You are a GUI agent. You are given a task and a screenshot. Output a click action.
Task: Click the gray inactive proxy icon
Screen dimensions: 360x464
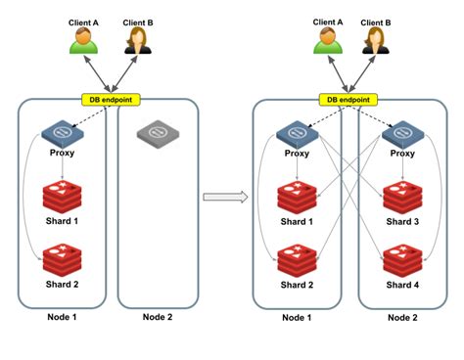tap(157, 131)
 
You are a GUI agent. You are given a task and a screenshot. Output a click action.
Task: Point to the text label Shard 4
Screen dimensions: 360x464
tap(401, 285)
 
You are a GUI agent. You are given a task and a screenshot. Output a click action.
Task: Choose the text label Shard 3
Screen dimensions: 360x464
tap(401, 221)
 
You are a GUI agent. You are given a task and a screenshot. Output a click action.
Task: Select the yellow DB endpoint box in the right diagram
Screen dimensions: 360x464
tap(349, 100)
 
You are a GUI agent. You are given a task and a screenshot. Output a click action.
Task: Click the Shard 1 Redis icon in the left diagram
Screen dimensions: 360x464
tap(61, 195)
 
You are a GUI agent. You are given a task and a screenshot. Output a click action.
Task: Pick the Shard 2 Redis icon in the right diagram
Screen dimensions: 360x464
tap(296, 261)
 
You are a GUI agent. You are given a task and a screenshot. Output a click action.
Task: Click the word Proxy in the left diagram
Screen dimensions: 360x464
tap(61, 154)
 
